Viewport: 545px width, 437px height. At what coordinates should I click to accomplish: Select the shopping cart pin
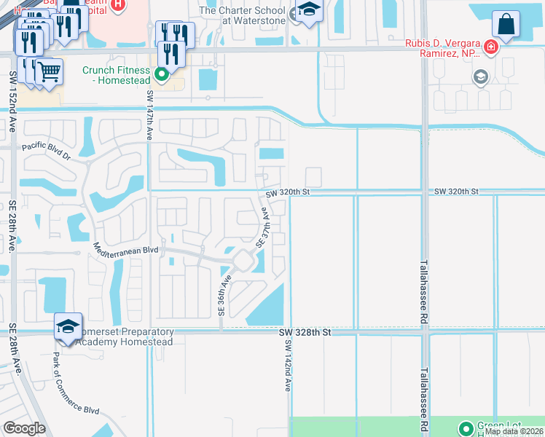(x=49, y=73)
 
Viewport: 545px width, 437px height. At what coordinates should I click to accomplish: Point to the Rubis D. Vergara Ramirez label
(x=442, y=48)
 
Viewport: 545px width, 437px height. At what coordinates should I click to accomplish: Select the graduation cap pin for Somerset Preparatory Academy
(x=68, y=327)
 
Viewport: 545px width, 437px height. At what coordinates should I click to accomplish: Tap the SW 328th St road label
(x=305, y=332)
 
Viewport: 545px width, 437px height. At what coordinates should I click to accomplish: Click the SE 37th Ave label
(x=266, y=227)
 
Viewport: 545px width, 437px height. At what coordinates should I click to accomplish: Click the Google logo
(x=24, y=428)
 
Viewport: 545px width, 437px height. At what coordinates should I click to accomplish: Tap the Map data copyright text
(x=514, y=431)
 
